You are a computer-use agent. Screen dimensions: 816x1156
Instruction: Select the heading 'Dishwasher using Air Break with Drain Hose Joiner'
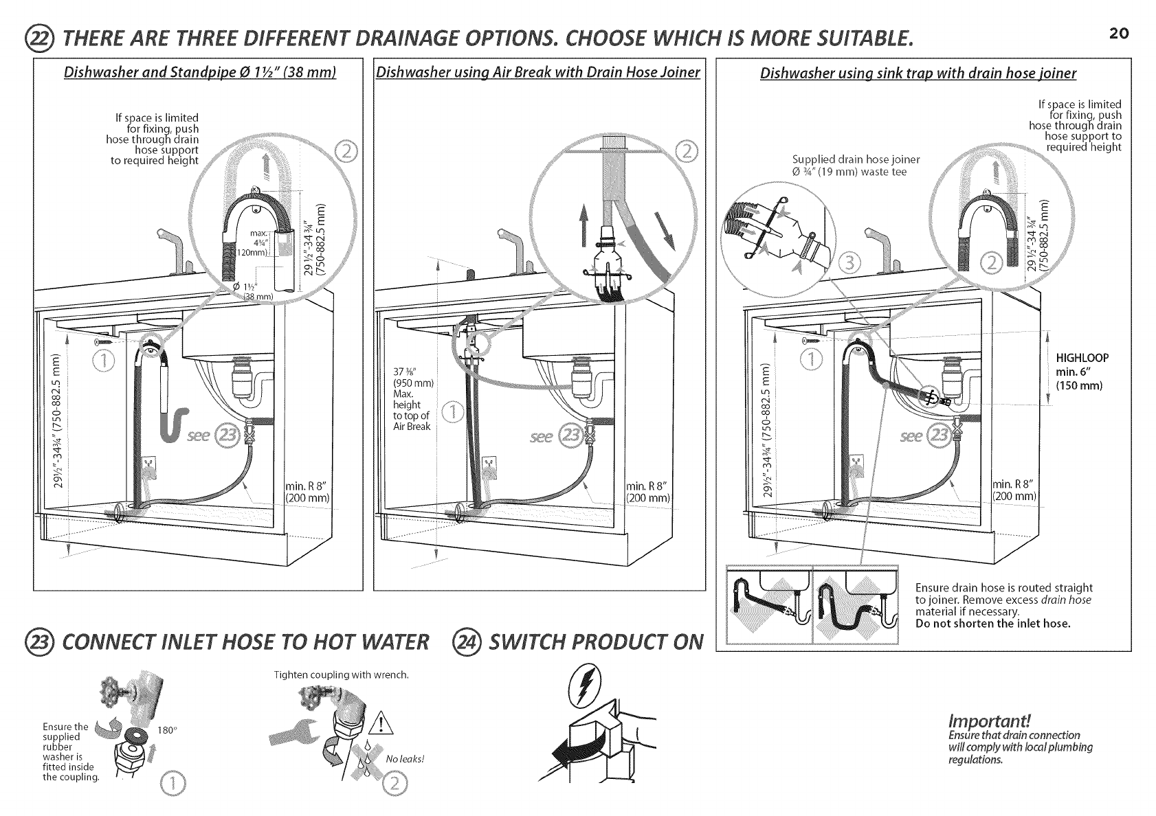tap(538, 73)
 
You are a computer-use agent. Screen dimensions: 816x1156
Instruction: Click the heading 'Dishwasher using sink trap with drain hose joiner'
tap(918, 73)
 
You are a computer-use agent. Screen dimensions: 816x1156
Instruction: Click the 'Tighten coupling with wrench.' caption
tap(341, 675)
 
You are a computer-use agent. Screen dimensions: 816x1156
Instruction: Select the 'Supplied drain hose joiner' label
tap(856, 159)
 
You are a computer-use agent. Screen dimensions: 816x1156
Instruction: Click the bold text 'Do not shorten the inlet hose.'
tap(993, 624)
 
